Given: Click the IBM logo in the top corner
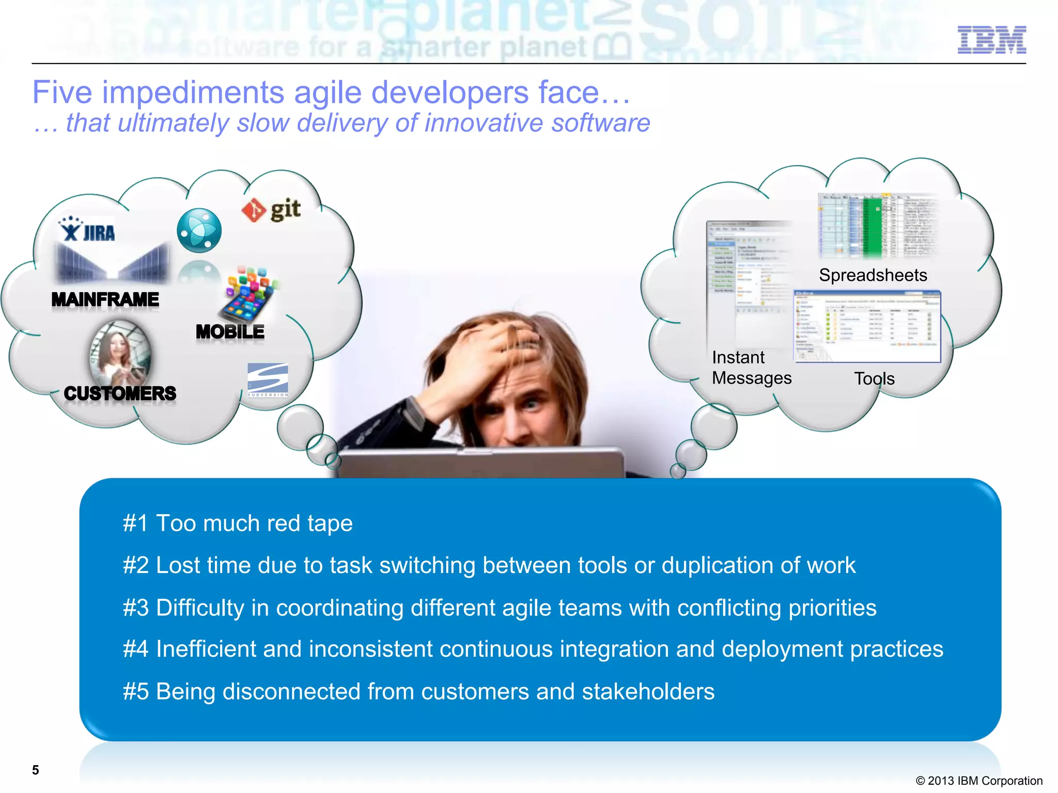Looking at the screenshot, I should (991, 40).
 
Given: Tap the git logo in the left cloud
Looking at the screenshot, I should (271, 210).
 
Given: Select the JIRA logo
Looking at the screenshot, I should (87, 230).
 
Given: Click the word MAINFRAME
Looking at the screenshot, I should (105, 299).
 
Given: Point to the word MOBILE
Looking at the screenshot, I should (230, 332).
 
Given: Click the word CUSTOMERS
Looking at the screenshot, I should (120, 393).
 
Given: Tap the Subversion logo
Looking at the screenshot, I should (268, 379).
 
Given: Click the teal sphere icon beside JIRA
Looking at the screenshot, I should (199, 230).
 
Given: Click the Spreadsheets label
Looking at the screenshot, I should (873, 275).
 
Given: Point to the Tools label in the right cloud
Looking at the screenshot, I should (874, 379).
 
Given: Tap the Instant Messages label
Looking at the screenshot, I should (751, 368).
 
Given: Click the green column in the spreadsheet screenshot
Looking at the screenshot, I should (873, 227).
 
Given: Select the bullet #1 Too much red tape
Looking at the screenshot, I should (238, 524).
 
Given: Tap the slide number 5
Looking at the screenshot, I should (35, 770).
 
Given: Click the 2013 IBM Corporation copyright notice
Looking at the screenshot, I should (978, 781).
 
